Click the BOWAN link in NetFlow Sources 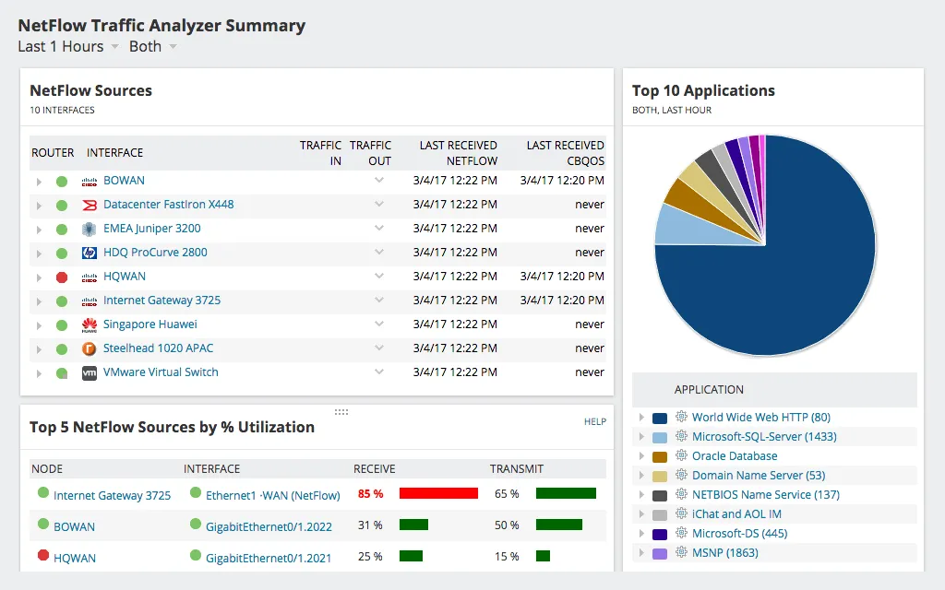coord(124,181)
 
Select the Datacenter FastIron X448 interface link coord(168,205)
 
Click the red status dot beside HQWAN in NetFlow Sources coord(62,277)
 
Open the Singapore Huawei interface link coord(150,324)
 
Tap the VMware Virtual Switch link coord(161,372)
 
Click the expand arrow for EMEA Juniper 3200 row coord(39,230)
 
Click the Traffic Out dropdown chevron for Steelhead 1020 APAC coord(378,348)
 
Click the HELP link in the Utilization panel coord(595,421)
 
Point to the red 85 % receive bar coord(438,494)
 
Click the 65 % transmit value coord(507,494)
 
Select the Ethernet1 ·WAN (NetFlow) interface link coord(272,495)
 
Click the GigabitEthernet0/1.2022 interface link coord(269,526)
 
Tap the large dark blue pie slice coord(784,277)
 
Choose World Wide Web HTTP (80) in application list coord(760,418)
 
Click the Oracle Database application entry coord(734,456)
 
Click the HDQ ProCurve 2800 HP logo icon coord(90,253)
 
